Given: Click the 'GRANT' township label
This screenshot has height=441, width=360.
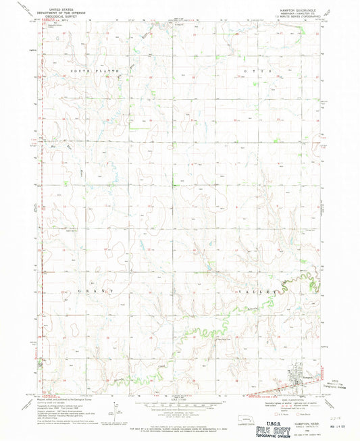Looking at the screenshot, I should (x=98, y=290).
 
